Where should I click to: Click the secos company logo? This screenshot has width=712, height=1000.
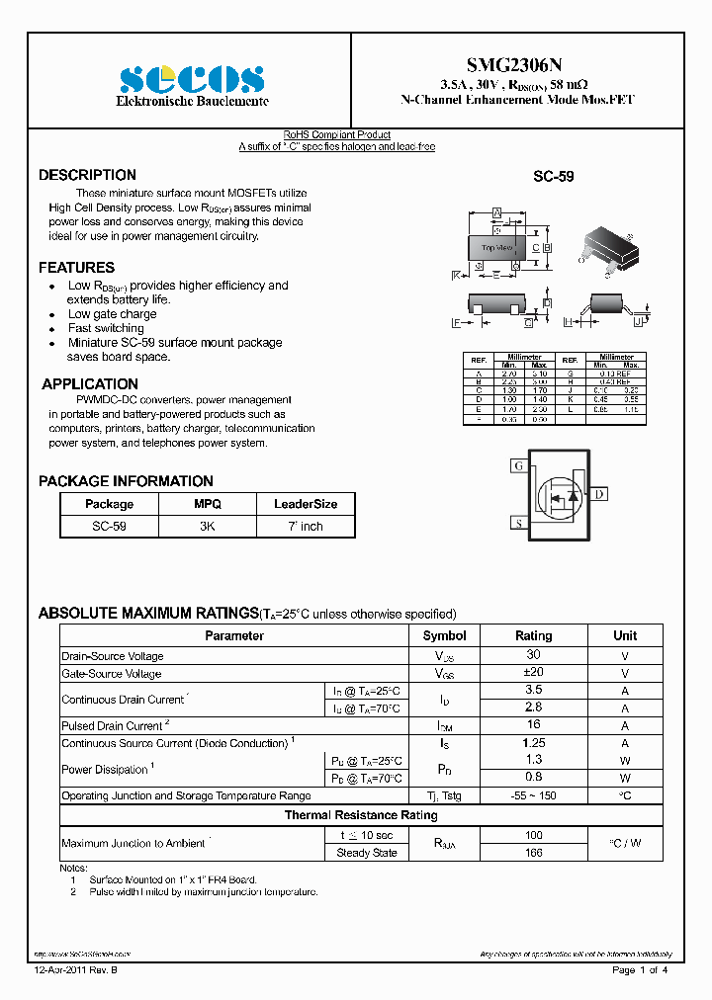(x=192, y=79)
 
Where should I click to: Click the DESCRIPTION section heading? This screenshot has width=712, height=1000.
(x=87, y=175)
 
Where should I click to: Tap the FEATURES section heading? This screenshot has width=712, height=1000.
(x=76, y=268)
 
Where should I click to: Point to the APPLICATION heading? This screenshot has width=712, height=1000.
(x=90, y=384)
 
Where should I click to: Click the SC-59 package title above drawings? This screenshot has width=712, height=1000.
(x=554, y=177)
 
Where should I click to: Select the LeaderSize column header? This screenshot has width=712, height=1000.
(x=306, y=504)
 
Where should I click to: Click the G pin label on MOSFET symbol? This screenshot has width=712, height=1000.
(x=517, y=465)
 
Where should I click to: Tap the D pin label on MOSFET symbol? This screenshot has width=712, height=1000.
(x=600, y=494)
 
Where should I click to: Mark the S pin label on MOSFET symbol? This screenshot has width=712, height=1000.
(x=517, y=523)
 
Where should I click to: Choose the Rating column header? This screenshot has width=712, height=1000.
(x=533, y=635)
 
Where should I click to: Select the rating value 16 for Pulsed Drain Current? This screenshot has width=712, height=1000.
(x=533, y=725)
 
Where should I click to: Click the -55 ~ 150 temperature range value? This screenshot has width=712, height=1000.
(x=533, y=795)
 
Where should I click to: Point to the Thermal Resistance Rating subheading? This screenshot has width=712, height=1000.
(x=361, y=815)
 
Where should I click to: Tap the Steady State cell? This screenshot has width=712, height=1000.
(x=367, y=853)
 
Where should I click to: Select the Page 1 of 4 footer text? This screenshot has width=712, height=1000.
(x=640, y=970)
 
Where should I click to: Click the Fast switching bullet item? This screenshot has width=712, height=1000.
(x=106, y=328)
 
